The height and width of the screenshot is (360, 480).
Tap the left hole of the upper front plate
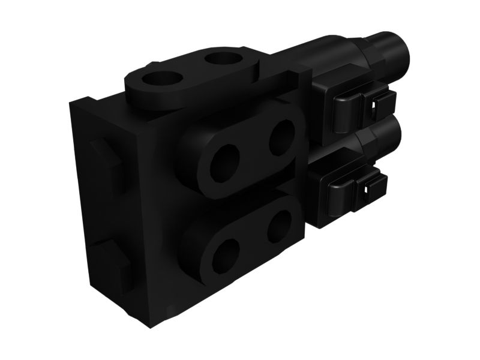point(224,163)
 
